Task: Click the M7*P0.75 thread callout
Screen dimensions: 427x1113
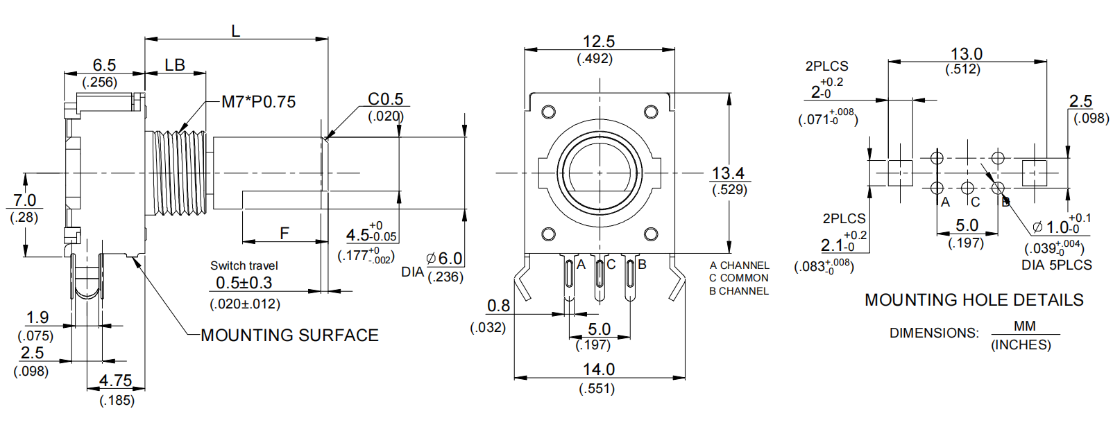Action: point(258,102)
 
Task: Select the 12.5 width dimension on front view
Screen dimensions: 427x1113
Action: point(598,42)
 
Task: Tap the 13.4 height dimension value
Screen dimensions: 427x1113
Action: point(728,173)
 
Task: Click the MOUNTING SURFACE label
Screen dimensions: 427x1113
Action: point(289,335)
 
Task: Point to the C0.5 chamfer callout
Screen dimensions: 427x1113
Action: point(385,99)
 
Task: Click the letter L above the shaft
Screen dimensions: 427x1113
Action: point(236,31)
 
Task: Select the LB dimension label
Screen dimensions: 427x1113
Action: point(175,65)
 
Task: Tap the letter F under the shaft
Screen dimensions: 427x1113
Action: point(284,233)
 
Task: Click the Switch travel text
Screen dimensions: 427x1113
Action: point(244,265)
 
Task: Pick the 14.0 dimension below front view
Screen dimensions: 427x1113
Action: point(598,369)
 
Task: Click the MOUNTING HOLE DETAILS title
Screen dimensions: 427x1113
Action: point(974,300)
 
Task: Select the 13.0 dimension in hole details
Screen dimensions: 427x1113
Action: point(966,54)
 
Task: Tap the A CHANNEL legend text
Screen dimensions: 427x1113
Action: point(739,265)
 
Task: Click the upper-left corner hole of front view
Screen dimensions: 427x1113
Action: point(548,112)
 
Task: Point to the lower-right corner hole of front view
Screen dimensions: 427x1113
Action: point(651,234)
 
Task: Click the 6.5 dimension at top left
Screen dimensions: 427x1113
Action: point(104,65)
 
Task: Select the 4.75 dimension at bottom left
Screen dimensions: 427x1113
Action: point(115,381)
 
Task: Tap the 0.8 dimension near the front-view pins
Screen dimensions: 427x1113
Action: point(498,306)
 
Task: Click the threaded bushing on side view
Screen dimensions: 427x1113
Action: point(179,173)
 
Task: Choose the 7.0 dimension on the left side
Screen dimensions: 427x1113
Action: point(24,200)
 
